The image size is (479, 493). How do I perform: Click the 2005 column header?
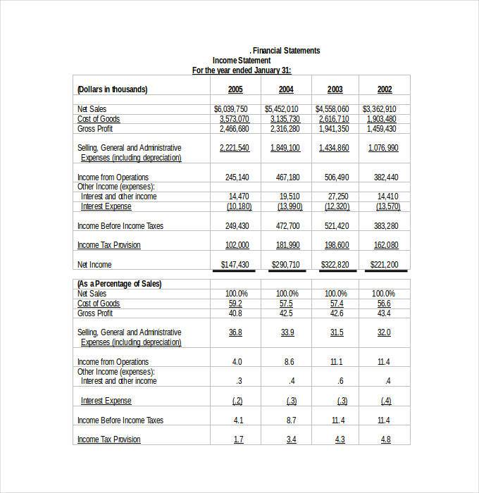click(236, 89)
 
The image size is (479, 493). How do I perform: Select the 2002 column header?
click(385, 89)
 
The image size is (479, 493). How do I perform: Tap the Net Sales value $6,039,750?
click(231, 109)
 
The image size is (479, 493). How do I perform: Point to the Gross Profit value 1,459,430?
click(381, 129)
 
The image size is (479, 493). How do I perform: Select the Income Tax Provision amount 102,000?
click(237, 245)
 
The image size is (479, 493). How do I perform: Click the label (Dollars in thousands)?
click(112, 89)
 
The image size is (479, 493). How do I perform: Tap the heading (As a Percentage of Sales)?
click(119, 284)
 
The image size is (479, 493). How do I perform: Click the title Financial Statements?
click(286, 51)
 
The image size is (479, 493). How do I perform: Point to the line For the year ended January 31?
click(242, 70)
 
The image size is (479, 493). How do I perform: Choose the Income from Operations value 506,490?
click(334, 177)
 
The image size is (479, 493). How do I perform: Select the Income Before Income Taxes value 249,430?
click(237, 226)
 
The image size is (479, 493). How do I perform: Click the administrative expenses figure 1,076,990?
click(383, 148)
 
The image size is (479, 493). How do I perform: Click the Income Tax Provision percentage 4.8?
click(385, 439)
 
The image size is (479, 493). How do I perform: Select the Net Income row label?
click(95, 264)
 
